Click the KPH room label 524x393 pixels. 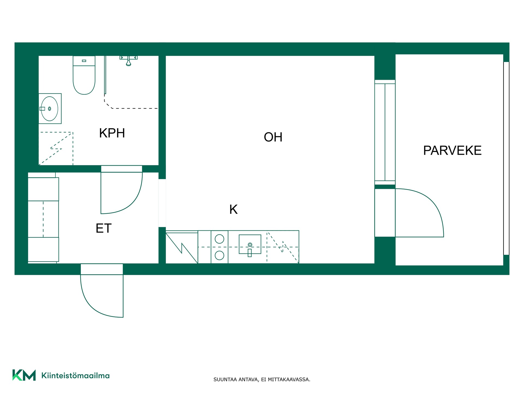coord(112,133)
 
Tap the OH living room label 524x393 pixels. coord(273,137)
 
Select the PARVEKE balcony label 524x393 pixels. coord(452,150)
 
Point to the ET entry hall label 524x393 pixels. coord(103,228)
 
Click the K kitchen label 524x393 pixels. coord(233,209)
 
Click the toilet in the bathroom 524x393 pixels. coord(84,75)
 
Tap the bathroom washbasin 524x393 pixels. coord(50,109)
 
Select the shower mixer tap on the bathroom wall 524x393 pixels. coord(129,61)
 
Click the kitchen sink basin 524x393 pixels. coord(250,244)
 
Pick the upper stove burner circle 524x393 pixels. coord(219,239)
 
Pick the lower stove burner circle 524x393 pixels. coord(219,255)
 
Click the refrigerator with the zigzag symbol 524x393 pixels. coord(182,247)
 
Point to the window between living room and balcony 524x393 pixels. coord(385,132)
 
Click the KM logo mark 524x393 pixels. coord(24,375)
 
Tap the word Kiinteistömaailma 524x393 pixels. coord(75,376)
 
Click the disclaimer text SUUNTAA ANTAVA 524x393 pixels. coord(236,379)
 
